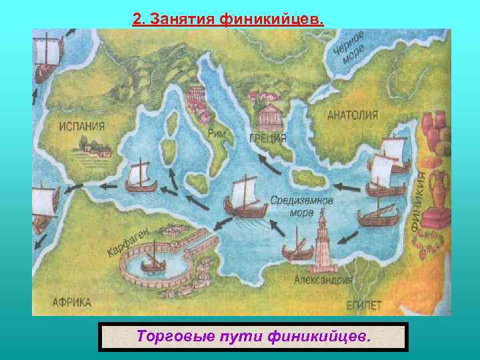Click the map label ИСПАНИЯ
coord(81,125)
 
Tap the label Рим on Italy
coord(217,133)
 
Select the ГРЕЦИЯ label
coord(269,138)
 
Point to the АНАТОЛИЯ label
coord(352,115)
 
